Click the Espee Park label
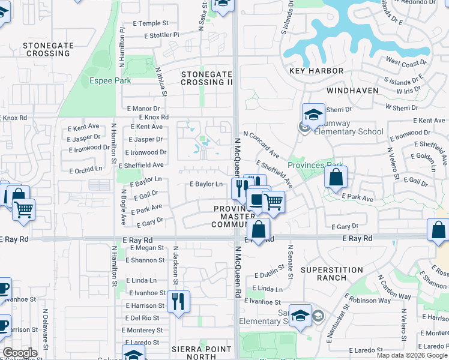pos(110,80)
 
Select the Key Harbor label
pos(316,71)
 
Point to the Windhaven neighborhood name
pos(352,91)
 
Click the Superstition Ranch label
pos(331,274)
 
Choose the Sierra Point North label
pos(202,353)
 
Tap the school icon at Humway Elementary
pos(313,114)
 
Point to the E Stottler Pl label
pos(161,35)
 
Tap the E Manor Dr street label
pos(143,108)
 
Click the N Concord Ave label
pos(261,145)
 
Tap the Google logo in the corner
pos(20,353)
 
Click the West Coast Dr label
pos(406,62)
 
